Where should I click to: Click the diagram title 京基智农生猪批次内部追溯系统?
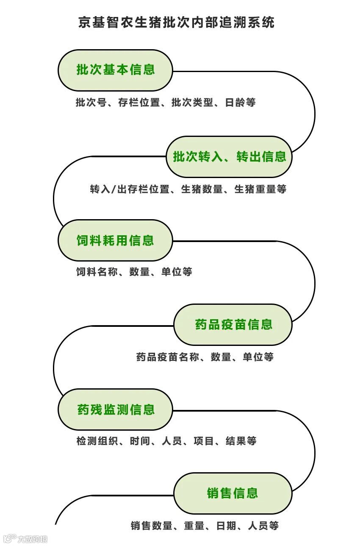coord(176,22)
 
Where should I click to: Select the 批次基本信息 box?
coord(115,70)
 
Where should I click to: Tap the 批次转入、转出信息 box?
coord(229,157)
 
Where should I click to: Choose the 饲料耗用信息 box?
coord(115,241)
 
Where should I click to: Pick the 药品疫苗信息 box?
coord(233,325)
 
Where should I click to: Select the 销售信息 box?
coord(233,493)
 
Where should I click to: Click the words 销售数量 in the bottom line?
coord(151,526)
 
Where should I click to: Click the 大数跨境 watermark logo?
coord(25,539)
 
